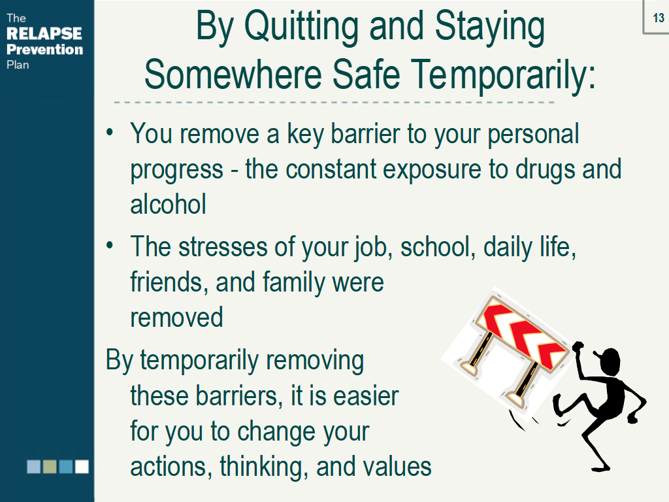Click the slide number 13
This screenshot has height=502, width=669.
(659, 18)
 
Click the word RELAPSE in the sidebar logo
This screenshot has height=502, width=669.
(44, 33)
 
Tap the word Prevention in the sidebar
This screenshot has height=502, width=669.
(45, 50)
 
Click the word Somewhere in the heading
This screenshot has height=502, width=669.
(233, 74)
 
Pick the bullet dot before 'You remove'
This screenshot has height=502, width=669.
(110, 132)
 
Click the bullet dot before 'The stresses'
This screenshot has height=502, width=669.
(110, 246)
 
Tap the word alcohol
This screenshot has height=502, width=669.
(168, 204)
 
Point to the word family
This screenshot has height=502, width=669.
(293, 283)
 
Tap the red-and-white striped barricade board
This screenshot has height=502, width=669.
(521, 333)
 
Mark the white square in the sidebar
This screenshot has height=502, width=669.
(82, 467)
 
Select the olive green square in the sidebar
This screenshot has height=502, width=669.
(50, 467)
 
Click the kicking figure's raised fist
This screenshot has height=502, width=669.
(578, 346)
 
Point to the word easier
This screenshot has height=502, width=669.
(366, 395)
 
